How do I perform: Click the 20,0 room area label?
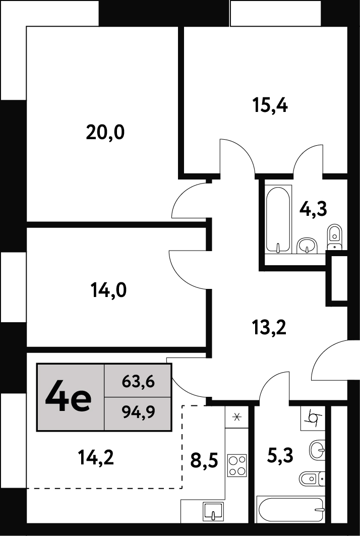105,133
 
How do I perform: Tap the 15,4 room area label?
270,105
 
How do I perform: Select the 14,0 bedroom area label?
108,291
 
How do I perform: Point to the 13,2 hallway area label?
268,327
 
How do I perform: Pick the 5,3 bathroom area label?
279,455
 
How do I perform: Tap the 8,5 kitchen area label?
204,460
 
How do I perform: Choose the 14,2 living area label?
96,457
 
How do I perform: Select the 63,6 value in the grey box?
138,381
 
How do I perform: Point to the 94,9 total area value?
138,413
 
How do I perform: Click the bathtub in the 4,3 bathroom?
279,219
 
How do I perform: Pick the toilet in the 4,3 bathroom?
334,236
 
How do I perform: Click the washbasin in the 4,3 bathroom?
308,246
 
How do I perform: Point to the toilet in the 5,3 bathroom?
312,479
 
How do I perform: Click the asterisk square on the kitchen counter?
236,416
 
